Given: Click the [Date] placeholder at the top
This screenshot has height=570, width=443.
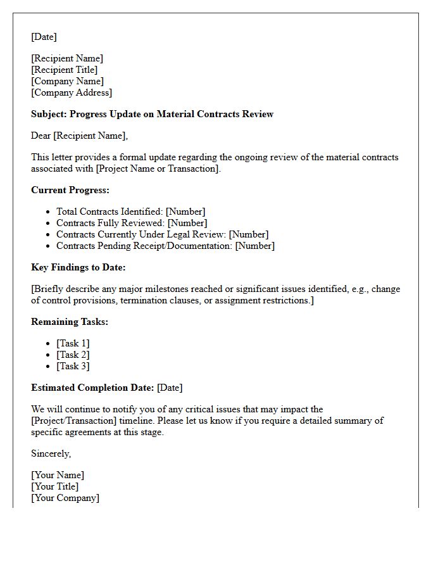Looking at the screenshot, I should pyautogui.click(x=44, y=37).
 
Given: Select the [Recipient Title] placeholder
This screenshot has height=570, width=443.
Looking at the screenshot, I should pyautogui.click(x=65, y=70).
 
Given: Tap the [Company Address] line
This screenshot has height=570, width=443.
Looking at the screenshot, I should pyautogui.click(x=72, y=92).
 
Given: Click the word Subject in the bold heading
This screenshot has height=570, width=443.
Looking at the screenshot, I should pyautogui.click(x=49, y=114).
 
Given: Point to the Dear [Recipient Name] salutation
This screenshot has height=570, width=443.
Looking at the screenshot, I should pyautogui.click(x=79, y=136).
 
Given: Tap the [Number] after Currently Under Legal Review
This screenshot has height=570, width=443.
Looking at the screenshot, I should pyautogui.click(x=249, y=234).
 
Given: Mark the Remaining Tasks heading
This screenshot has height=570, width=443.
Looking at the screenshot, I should pyautogui.click(x=70, y=322).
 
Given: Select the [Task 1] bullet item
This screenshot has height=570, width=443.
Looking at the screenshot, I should pyautogui.click(x=73, y=343).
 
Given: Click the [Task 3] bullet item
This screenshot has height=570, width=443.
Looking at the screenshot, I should pyautogui.click(x=73, y=366).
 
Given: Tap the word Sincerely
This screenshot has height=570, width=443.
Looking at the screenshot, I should pyautogui.click(x=51, y=453).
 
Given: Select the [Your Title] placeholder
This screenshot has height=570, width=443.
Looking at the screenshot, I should pyautogui.click(x=55, y=486).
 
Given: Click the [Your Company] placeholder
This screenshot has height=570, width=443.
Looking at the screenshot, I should pyautogui.click(x=65, y=498).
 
